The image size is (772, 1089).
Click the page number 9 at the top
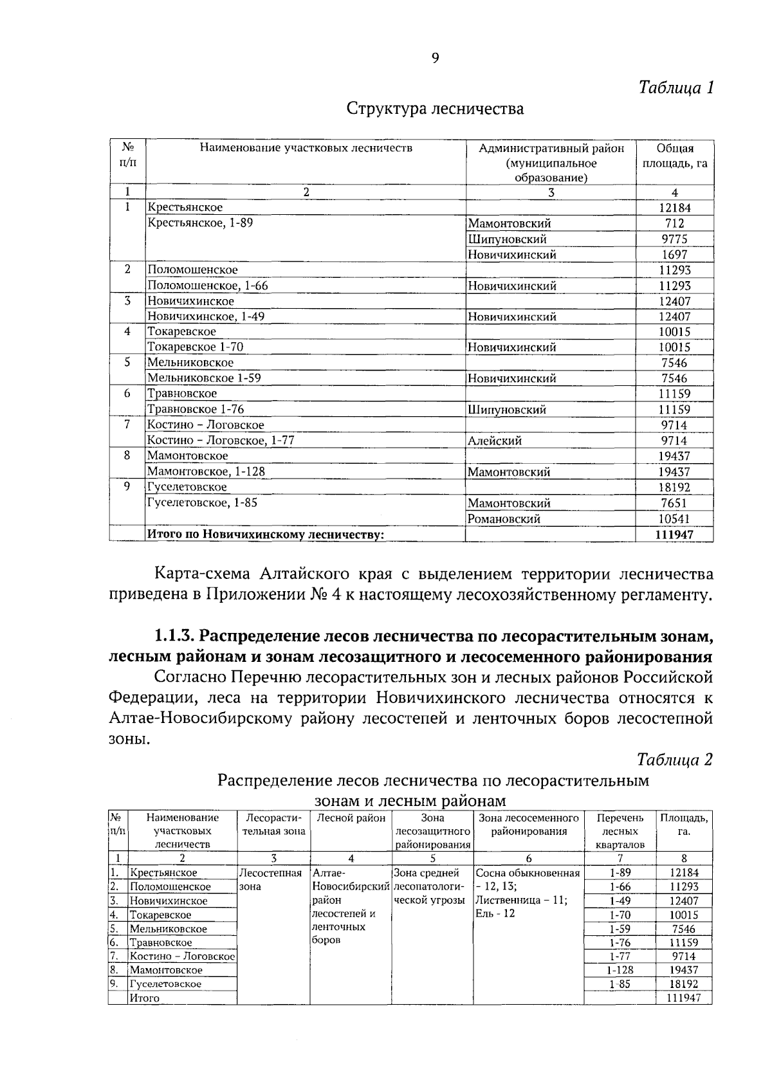point(435,59)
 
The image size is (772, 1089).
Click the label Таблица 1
point(675,87)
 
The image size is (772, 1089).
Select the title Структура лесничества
point(435,109)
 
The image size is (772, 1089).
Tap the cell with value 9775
point(674,239)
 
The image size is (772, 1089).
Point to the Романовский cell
point(504,518)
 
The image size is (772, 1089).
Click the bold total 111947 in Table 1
point(674,534)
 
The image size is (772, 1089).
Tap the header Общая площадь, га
point(674,156)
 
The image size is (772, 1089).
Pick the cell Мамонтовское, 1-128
point(206,471)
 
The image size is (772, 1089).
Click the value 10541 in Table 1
point(674,518)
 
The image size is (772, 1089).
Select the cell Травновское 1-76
point(196,409)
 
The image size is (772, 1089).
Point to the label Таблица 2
point(675,760)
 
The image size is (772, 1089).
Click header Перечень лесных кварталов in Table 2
point(620,831)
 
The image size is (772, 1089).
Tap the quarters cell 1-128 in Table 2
point(620,970)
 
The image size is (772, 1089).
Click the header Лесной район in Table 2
point(351,818)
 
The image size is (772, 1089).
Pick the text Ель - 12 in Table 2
point(495,913)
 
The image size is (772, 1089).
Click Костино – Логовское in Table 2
point(182,956)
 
